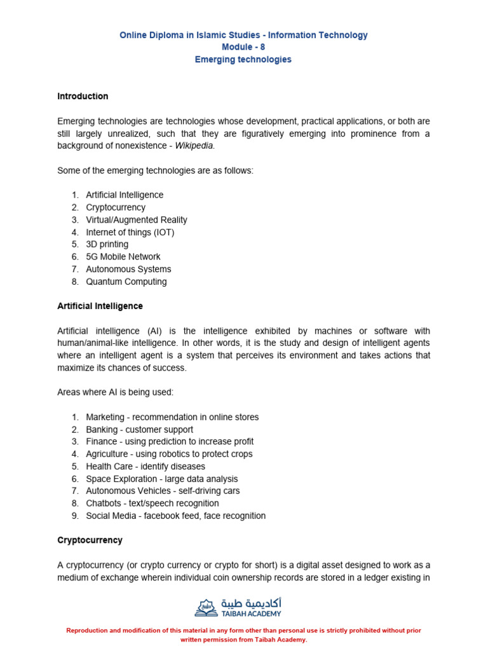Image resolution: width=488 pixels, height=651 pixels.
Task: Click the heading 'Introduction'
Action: click(x=83, y=97)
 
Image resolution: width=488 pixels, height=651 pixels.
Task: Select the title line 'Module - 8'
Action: click(x=243, y=48)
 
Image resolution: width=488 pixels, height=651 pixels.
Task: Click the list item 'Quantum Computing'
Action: click(x=126, y=282)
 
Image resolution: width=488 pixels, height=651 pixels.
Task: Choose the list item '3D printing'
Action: click(x=107, y=245)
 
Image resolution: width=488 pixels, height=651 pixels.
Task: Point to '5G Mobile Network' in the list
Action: click(x=123, y=257)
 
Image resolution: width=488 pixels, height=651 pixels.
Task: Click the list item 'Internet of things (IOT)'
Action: click(x=130, y=233)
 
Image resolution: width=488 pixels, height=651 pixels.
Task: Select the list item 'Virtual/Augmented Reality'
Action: click(x=137, y=220)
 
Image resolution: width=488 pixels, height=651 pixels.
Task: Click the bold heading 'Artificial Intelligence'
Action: click(x=100, y=306)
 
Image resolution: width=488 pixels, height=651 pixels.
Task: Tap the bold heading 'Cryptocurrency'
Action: click(x=90, y=540)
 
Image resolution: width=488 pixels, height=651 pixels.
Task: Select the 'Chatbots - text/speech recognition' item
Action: click(x=152, y=504)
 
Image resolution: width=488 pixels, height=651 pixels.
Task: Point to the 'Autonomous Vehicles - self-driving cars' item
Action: click(x=163, y=491)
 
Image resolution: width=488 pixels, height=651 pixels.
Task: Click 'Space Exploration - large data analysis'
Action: click(x=161, y=479)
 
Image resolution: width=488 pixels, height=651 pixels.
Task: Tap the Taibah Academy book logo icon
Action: click(x=206, y=607)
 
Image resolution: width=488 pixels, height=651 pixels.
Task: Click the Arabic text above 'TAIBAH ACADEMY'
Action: click(x=251, y=602)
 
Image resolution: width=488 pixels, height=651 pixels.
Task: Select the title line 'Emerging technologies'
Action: click(x=243, y=60)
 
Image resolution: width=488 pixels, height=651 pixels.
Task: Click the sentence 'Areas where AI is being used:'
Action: click(x=115, y=393)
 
